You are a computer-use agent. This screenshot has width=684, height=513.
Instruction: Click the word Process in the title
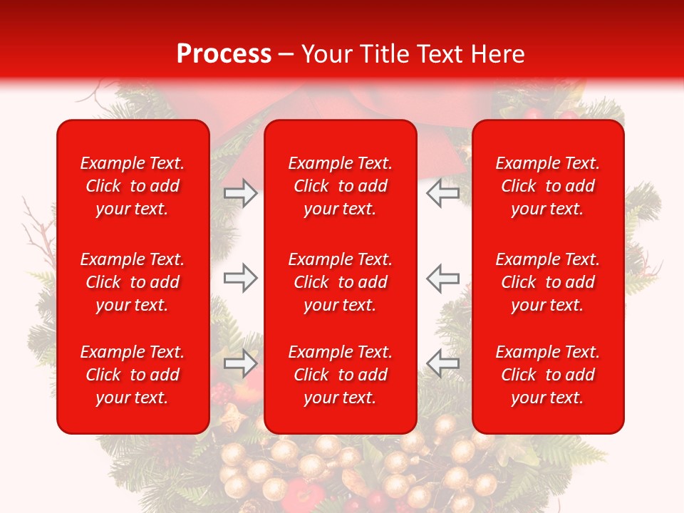(224, 54)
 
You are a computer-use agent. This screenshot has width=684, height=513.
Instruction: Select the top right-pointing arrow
(241, 193)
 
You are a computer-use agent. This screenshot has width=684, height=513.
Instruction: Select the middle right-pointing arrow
(241, 278)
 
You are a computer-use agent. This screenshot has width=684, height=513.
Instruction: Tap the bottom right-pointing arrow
(241, 363)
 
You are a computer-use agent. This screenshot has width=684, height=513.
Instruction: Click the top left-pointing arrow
(443, 193)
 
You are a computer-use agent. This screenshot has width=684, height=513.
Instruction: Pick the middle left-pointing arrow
(443, 278)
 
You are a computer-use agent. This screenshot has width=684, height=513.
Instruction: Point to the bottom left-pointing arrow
(443, 363)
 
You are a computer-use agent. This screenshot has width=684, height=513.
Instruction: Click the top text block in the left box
(133, 186)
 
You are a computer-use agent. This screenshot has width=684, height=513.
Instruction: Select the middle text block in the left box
(133, 282)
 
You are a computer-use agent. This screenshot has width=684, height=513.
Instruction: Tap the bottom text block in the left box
(133, 375)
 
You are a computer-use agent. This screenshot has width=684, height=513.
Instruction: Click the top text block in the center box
(340, 186)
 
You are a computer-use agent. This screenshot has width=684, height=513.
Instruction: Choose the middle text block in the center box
(340, 282)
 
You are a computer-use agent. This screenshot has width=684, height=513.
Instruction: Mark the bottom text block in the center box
(340, 375)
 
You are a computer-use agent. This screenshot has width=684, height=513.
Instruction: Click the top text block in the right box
(548, 186)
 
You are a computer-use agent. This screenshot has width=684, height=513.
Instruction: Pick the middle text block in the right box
(548, 282)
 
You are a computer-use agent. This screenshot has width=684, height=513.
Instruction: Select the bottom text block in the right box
(548, 375)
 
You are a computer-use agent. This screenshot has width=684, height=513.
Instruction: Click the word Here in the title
(498, 54)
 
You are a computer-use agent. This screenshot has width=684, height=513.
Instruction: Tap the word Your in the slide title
(324, 54)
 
